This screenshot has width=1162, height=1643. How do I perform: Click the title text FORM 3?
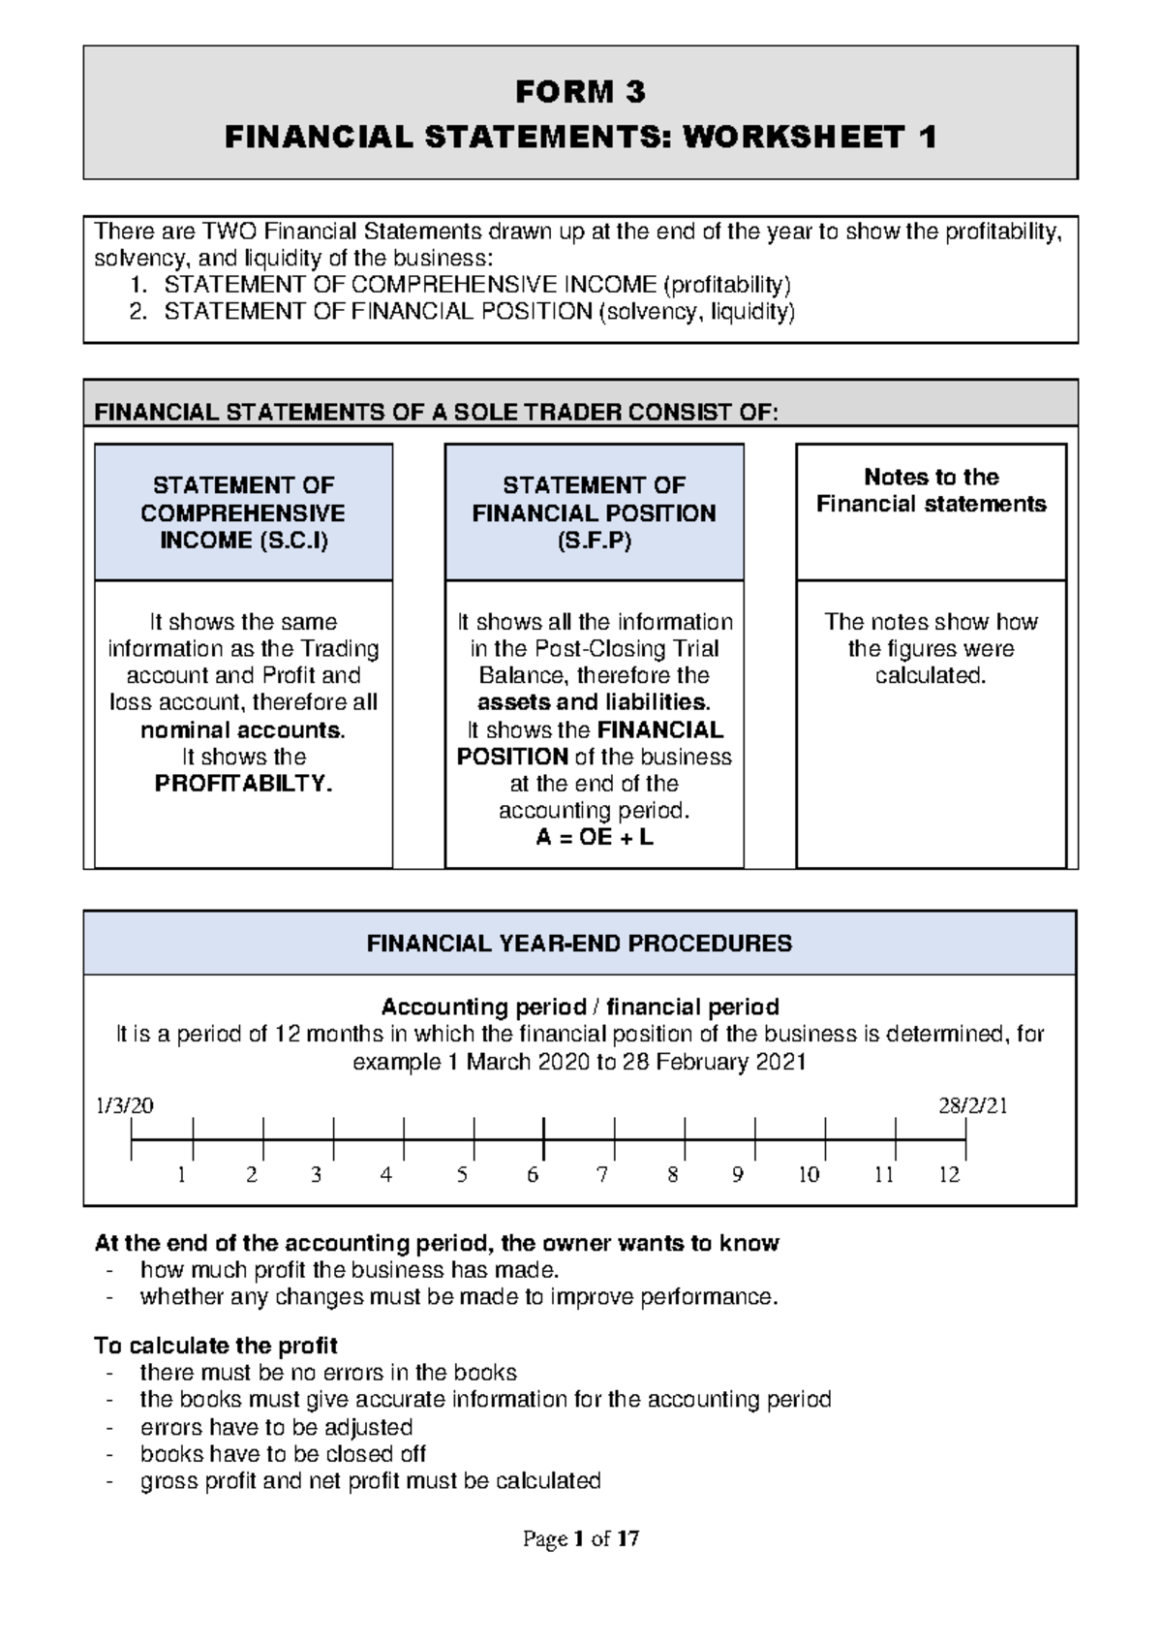(x=579, y=92)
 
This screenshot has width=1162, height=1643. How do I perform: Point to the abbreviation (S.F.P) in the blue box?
(x=594, y=541)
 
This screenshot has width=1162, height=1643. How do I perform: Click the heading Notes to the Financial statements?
(x=931, y=490)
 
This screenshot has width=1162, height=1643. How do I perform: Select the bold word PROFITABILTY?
(x=243, y=784)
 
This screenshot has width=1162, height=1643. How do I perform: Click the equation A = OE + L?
(x=594, y=837)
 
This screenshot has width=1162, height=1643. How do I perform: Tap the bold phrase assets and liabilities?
(x=594, y=702)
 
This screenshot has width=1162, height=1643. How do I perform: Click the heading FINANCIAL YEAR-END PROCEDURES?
(x=579, y=944)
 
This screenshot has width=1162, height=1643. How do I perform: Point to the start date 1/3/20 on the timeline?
(x=125, y=1106)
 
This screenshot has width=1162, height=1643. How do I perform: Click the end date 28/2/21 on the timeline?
(x=972, y=1106)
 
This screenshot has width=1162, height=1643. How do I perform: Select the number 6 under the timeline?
(x=533, y=1175)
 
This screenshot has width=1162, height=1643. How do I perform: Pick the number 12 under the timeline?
(x=949, y=1175)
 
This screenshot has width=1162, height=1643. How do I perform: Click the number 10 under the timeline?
(x=809, y=1175)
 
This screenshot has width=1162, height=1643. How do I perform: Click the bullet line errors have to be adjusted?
(x=276, y=1427)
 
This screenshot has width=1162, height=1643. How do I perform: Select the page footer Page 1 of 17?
(x=580, y=1539)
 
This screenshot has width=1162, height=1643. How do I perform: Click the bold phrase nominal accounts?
(x=243, y=730)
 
